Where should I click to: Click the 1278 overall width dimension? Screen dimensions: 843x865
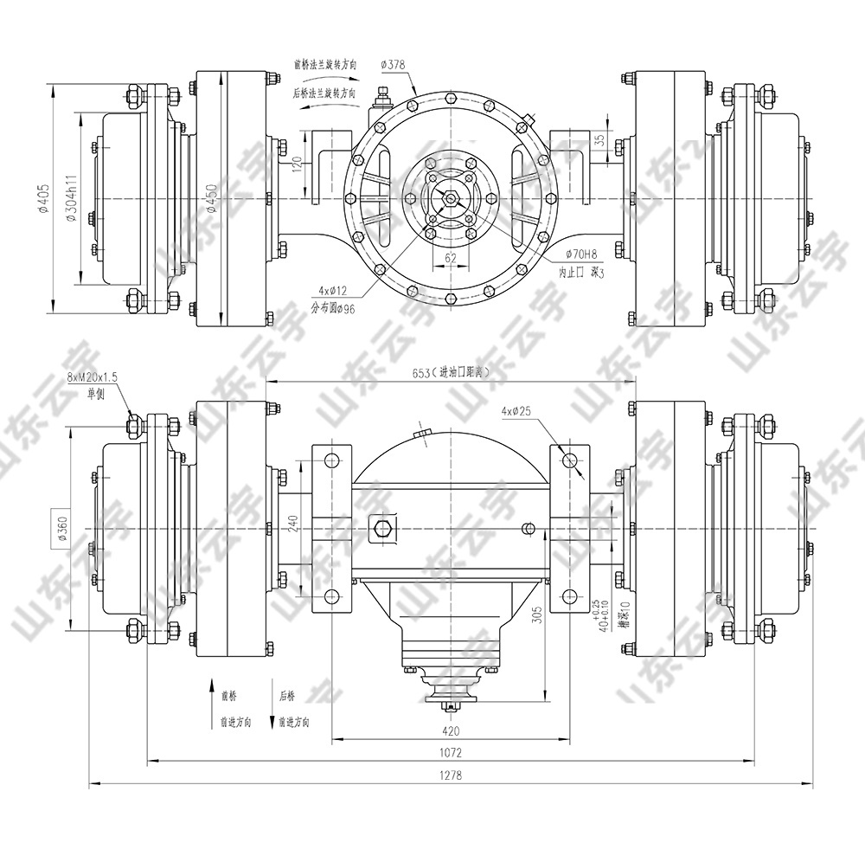(450, 775)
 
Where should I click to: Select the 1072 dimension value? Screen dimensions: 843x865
(450, 753)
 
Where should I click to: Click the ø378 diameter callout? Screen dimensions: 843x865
(394, 65)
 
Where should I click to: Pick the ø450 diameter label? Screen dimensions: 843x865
(210, 199)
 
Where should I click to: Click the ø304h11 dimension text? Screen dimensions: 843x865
(73, 199)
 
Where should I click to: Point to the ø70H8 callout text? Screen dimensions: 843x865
(580, 254)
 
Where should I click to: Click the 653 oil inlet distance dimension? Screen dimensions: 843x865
(450, 372)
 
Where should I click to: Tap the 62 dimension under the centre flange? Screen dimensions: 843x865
(451, 258)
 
